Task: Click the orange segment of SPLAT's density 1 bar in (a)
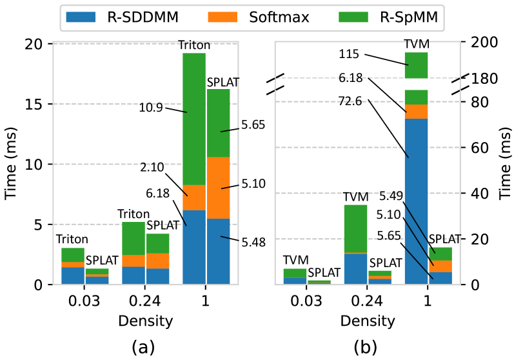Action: click(218, 188)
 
